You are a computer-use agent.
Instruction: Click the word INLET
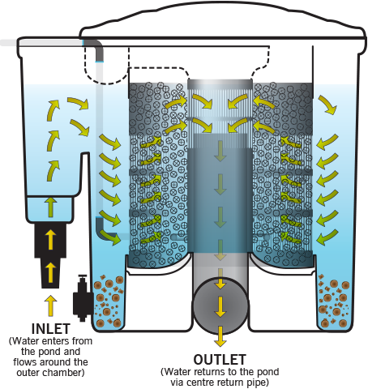tap(51, 329)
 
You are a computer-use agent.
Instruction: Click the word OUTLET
tap(220, 360)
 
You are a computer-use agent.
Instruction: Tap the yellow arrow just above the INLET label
tap(50, 306)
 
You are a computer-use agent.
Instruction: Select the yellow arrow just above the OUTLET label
tap(220, 336)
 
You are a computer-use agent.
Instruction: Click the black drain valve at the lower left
tap(82, 298)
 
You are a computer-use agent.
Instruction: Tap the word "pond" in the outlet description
tap(267, 372)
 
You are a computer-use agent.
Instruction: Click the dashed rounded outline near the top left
tap(106, 67)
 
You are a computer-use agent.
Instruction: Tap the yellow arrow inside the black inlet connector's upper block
tap(50, 239)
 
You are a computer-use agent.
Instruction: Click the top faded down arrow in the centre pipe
tap(220, 151)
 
